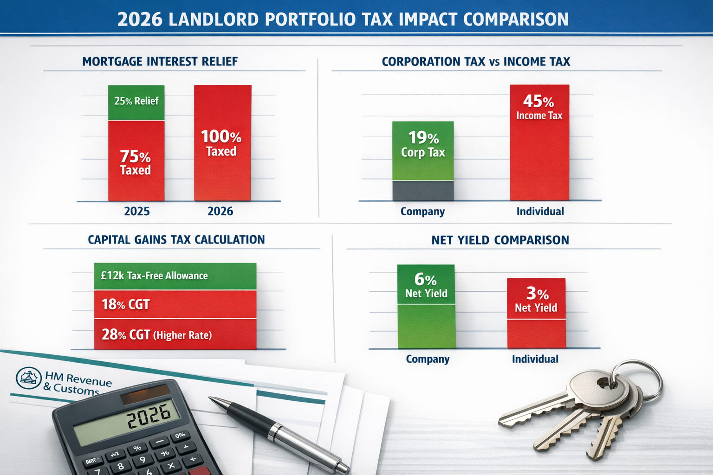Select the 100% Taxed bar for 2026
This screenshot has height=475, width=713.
[x=222, y=143]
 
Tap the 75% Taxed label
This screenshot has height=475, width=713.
[x=136, y=163]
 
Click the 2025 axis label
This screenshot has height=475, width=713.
[x=137, y=212]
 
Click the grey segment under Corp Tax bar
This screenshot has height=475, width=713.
[x=423, y=191]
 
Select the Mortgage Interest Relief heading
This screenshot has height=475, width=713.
[x=160, y=62]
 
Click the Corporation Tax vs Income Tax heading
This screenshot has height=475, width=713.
[x=476, y=62]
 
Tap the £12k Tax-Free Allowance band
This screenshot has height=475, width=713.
[x=175, y=276]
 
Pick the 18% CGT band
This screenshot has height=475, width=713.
[x=175, y=304]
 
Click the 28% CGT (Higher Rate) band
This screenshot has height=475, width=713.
[x=175, y=334]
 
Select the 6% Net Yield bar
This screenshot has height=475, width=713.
[x=426, y=306]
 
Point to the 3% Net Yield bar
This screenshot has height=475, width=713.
[x=536, y=313]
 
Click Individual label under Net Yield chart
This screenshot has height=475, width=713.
[x=535, y=359]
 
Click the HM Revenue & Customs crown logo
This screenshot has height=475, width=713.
[x=29, y=378]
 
